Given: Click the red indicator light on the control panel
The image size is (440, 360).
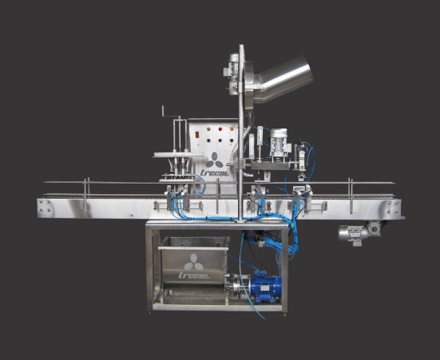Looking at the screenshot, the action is pos(220,129).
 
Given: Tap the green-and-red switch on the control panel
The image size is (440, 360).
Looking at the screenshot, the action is pos(197,135).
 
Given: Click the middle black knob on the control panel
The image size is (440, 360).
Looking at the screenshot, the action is pos(220,140).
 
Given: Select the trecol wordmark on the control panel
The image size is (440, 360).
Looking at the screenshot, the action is pos(214,172).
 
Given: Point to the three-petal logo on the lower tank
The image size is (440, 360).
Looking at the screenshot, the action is pos(193,263).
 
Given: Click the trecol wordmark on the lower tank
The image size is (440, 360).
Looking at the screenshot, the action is pos(194,275).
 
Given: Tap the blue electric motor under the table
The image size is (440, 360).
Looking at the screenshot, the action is pos(265,287).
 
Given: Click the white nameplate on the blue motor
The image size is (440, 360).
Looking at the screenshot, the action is pos(264,288).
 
